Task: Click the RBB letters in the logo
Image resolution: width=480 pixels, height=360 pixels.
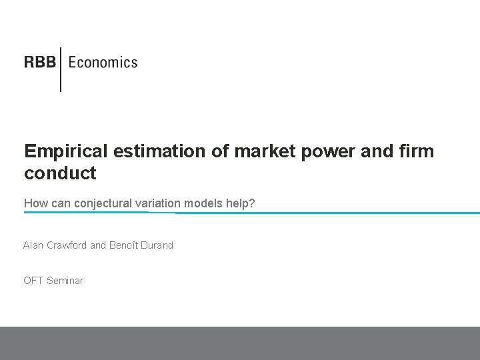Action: pyautogui.click(x=41, y=63)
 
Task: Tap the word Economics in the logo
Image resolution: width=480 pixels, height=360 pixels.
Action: pyautogui.click(x=103, y=63)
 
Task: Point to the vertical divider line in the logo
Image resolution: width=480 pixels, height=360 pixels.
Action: pyautogui.click(x=61, y=69)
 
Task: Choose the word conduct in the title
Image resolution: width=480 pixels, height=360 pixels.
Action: pyautogui.click(x=60, y=173)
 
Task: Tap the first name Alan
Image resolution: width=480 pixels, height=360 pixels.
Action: pyautogui.click(x=33, y=245)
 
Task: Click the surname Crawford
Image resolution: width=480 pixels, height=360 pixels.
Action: pyautogui.click(x=67, y=245)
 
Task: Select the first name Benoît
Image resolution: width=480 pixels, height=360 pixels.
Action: pyautogui.click(x=123, y=245)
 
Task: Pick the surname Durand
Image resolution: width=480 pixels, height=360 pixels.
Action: pyautogui.click(x=157, y=245)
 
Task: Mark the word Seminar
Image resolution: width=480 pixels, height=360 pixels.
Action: pyautogui.click(x=65, y=281)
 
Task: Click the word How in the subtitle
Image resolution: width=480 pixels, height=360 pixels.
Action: pyautogui.click(x=35, y=203)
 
